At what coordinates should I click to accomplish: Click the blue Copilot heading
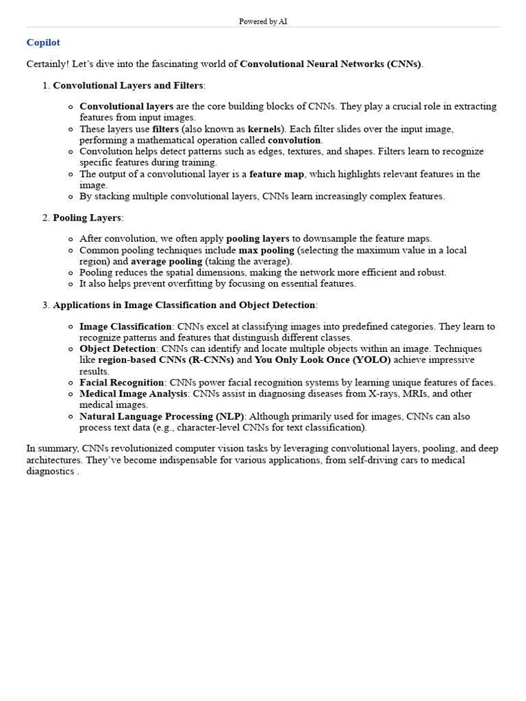(43, 42)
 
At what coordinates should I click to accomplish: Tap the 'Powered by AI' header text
(263, 22)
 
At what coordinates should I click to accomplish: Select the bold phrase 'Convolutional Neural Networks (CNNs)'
(331, 64)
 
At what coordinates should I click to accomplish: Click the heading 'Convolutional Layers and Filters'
(128, 86)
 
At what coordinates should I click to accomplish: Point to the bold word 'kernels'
(264, 129)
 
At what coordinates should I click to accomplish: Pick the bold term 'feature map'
(277, 174)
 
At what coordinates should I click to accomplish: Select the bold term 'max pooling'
(266, 251)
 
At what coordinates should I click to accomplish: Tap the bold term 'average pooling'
(166, 262)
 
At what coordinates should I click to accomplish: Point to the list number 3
(46, 305)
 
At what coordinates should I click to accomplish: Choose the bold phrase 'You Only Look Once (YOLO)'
(323, 360)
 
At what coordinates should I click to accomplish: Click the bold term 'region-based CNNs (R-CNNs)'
(166, 360)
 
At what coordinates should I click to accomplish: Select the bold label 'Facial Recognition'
(122, 383)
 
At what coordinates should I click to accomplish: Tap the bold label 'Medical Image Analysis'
(133, 394)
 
